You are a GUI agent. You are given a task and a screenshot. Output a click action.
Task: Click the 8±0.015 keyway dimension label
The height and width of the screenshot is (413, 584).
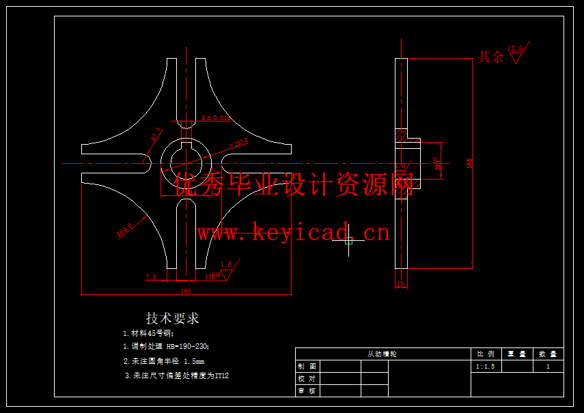click(212, 118)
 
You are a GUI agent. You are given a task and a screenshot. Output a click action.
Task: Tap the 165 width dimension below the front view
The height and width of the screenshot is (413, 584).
click(185, 291)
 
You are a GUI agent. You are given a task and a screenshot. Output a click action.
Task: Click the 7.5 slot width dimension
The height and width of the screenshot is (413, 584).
click(151, 277)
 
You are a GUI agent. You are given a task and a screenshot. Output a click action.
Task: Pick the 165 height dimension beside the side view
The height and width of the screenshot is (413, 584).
click(469, 163)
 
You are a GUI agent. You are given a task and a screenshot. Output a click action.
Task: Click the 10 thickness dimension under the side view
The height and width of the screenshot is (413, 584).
click(401, 284)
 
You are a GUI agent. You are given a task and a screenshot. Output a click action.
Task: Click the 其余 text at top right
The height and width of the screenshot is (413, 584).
click(490, 57)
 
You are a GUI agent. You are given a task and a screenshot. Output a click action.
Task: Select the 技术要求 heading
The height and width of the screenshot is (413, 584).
click(172, 319)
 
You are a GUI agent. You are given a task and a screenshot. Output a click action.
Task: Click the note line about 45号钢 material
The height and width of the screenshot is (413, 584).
click(148, 334)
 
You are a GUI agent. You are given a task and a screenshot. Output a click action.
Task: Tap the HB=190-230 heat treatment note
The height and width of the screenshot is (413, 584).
click(165, 347)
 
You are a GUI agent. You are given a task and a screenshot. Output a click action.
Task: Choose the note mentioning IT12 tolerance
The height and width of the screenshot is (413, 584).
click(176, 375)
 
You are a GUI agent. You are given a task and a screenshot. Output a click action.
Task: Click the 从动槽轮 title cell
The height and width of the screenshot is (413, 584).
click(382, 354)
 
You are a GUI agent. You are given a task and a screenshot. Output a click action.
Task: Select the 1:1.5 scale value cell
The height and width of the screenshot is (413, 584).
click(485, 367)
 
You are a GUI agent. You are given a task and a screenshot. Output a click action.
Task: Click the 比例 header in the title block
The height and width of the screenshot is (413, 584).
click(486, 354)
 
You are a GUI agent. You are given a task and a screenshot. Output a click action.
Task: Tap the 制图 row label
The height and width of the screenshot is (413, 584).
click(307, 367)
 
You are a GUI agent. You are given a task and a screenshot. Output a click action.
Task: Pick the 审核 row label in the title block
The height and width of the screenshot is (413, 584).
click(307, 391)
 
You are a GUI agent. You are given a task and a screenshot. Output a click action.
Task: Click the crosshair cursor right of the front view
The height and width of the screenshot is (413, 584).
click(349, 240)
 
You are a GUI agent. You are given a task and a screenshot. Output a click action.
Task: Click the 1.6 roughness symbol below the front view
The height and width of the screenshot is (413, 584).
click(225, 268)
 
